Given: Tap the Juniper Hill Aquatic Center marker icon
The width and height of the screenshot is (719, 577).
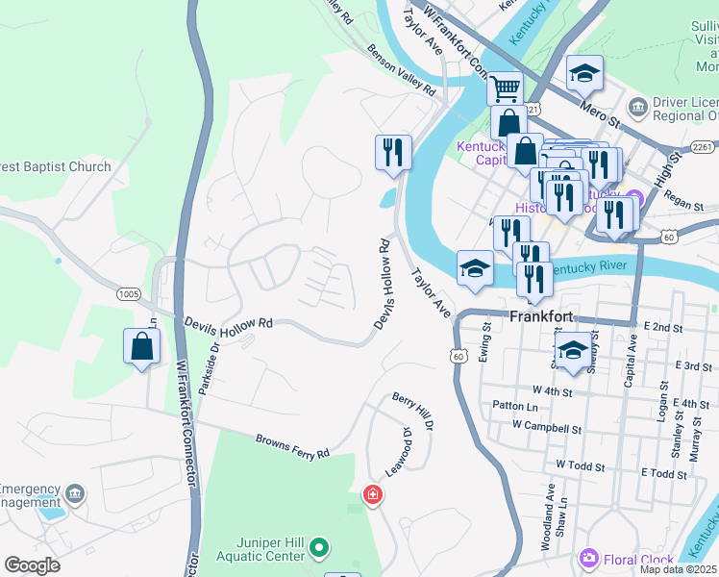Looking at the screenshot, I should pyautogui.click(x=320, y=550).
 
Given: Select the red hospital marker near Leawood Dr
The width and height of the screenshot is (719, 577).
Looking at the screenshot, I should pyautogui.click(x=371, y=495).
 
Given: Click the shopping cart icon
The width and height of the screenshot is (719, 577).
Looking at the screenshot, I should pyautogui.click(x=505, y=89).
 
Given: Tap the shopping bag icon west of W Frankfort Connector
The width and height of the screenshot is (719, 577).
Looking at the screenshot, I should pyautogui.click(x=141, y=346).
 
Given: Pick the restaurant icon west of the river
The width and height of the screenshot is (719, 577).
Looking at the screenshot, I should pyautogui.click(x=392, y=153).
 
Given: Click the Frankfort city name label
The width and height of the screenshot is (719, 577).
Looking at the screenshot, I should pyautogui.click(x=541, y=316).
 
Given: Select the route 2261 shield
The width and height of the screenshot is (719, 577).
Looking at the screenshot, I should pyautogui.click(x=701, y=147).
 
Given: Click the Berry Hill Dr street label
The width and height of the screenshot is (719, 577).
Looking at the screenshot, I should pyautogui.click(x=413, y=412).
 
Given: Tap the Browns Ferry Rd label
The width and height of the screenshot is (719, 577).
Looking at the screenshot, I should pyautogui.click(x=292, y=446).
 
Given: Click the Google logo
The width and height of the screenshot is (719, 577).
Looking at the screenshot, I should pyautogui.click(x=33, y=565).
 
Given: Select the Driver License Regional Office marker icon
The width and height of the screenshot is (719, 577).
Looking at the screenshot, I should pyautogui.click(x=636, y=106).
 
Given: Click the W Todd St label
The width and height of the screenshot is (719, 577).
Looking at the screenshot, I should pyautogui.click(x=581, y=466).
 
